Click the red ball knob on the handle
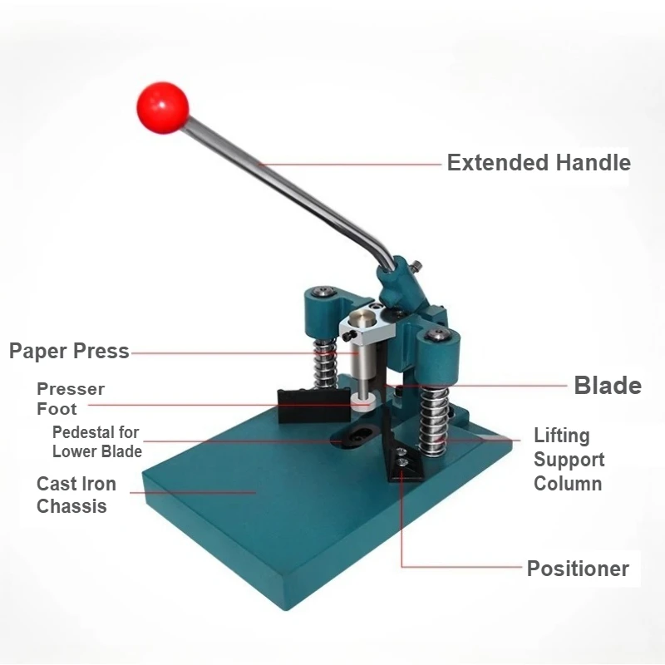click(x=163, y=106)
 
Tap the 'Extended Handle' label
click(x=539, y=162)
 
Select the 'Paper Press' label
click(x=69, y=351)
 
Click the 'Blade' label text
click(x=608, y=386)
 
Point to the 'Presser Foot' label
click(x=70, y=399)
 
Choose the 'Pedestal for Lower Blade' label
click(x=96, y=442)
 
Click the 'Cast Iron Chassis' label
click(x=76, y=495)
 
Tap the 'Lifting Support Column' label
click(x=569, y=459)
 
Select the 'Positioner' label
click(x=578, y=569)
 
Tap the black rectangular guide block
click(x=298, y=405)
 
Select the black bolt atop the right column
click(x=439, y=333)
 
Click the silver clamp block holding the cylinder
click(x=362, y=325)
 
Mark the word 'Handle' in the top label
click(x=594, y=162)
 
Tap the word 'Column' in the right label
click(x=569, y=483)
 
